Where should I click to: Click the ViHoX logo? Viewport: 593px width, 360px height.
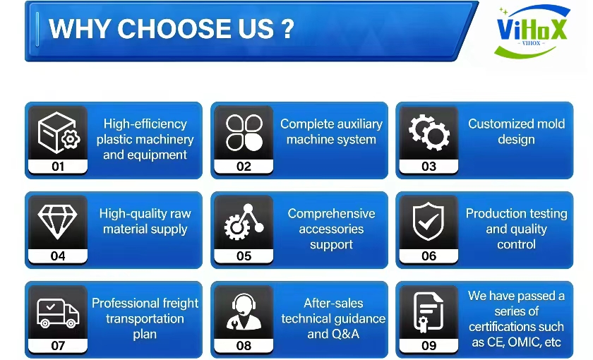pos(532,31)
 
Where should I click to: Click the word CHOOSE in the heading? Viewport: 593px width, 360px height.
pos(195,29)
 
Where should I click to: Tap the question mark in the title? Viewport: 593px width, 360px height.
pos(287,29)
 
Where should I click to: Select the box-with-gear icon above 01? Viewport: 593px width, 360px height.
pos(59,133)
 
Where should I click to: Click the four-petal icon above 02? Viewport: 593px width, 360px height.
pos(244,133)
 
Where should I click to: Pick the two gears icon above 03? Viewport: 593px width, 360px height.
pos(429,133)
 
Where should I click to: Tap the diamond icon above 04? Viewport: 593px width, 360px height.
pos(57,222)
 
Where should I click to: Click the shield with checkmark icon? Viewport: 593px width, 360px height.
pos(428,222)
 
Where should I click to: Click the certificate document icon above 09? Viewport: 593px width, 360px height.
pos(428,312)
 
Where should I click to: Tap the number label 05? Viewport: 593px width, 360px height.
pos(244,256)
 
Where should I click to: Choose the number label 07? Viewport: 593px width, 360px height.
pos(58,346)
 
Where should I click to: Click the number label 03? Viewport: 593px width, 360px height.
pos(429,167)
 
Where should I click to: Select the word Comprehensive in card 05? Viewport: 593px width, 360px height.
pos(331,214)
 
